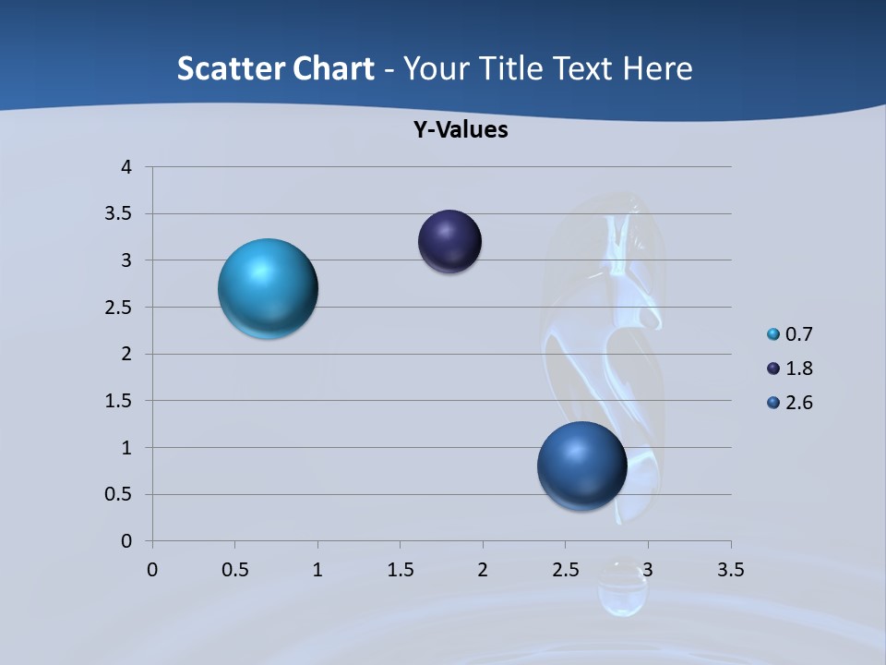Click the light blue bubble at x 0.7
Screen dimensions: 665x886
click(x=268, y=288)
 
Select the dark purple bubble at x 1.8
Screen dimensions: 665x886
click(x=449, y=241)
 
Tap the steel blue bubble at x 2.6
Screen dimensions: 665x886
click(x=581, y=465)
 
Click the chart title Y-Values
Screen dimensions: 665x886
click(x=461, y=130)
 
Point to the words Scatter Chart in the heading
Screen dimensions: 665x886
click(x=275, y=68)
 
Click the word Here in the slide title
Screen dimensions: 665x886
click(x=657, y=68)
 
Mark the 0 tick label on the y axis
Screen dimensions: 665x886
click(x=127, y=541)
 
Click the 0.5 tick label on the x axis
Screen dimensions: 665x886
click(x=234, y=570)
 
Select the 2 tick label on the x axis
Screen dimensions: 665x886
click(x=483, y=570)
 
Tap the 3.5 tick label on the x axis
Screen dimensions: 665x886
click(x=730, y=570)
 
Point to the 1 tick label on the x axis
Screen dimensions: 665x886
click(x=317, y=570)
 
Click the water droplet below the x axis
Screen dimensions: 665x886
click(x=623, y=591)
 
